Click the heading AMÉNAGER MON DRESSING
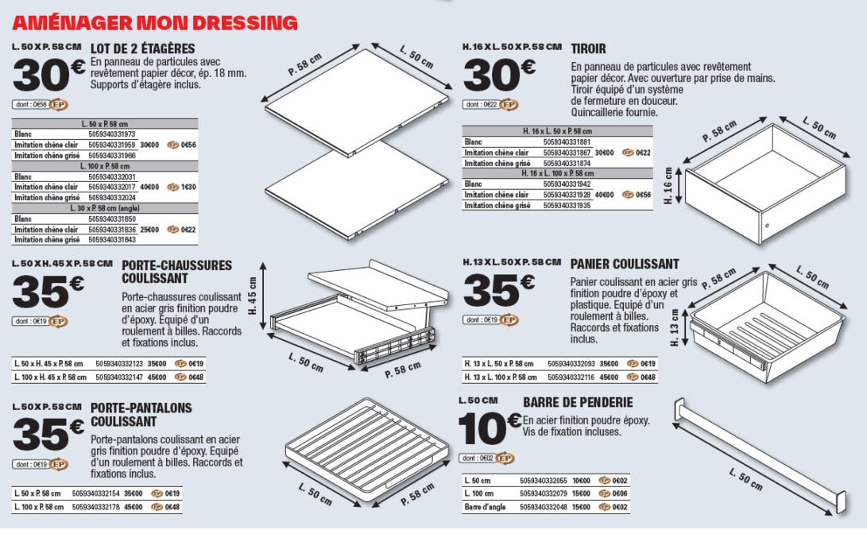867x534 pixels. [155, 22]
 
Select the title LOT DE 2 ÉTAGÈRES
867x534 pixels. [143, 48]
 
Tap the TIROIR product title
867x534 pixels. [588, 49]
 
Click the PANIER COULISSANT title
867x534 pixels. [625, 264]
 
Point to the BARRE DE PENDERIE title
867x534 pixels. [578, 403]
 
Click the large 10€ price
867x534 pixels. [490, 430]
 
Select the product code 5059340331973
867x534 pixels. [112, 134]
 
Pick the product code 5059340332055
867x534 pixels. [544, 481]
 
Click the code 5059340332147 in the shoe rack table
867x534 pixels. [119, 377]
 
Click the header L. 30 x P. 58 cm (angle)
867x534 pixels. [105, 208]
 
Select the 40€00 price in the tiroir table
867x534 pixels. [604, 195]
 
